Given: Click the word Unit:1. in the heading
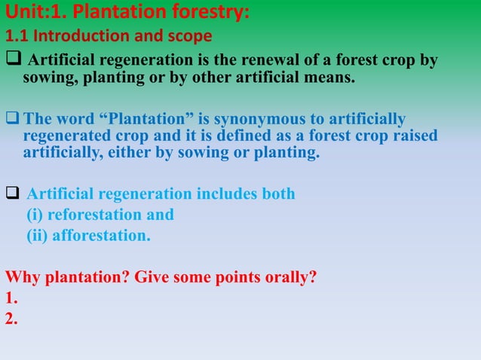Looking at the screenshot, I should tap(29, 14).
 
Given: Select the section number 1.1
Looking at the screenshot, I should tap(17, 36).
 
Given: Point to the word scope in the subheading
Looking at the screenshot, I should tap(191, 36).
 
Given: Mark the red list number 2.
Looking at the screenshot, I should tap(11, 319).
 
